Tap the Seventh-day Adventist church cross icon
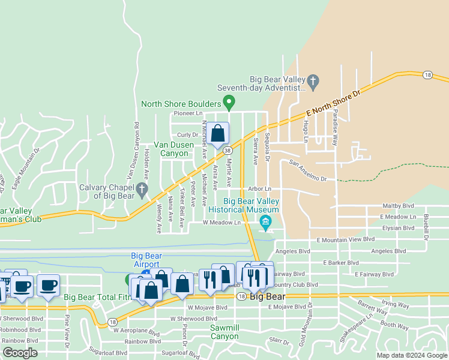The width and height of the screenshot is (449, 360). (312, 80)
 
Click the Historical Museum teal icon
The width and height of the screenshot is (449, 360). (265, 223)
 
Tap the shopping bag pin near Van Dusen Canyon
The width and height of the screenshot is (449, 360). (218, 134)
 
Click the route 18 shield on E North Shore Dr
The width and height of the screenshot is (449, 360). (427, 75)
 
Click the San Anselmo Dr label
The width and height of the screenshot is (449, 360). (307, 170)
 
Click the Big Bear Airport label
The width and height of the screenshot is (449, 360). (145, 260)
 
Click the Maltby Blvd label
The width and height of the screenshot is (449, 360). (397, 205)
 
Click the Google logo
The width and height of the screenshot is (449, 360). (19, 353)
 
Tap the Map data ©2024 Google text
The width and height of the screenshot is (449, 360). (411, 355)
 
